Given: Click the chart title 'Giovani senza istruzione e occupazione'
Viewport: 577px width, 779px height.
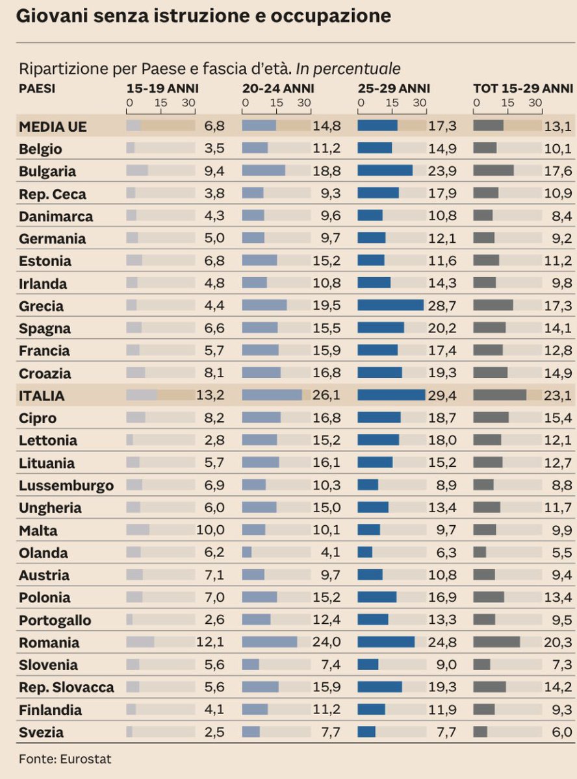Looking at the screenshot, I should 203,16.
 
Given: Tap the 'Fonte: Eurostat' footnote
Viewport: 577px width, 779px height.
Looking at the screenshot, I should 60,758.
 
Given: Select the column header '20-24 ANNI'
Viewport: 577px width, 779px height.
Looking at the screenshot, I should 278,88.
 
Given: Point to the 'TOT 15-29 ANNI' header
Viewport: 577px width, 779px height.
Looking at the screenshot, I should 522,88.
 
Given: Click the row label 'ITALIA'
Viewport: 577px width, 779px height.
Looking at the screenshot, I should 42,395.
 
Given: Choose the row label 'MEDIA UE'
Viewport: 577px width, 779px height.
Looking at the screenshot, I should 53,127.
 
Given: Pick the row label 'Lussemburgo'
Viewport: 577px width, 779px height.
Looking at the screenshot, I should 66,486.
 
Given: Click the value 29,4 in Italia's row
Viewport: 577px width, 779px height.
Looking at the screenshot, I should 442,395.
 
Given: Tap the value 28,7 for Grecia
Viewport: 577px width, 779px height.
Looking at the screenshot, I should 442,306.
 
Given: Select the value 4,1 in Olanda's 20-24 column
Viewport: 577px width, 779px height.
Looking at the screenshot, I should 330,553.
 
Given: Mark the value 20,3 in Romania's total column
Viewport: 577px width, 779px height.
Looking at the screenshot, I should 559,643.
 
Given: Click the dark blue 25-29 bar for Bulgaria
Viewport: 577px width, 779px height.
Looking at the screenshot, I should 385,171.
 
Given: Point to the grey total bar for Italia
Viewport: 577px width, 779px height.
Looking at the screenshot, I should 499,395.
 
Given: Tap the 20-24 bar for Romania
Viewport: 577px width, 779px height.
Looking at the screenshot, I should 269,643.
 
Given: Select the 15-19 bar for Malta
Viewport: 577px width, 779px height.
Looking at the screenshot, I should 137,530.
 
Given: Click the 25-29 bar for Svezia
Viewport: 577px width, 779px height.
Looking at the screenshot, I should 366,732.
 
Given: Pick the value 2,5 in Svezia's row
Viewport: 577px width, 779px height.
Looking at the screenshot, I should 214,732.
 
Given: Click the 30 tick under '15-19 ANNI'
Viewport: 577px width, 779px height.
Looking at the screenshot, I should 189,102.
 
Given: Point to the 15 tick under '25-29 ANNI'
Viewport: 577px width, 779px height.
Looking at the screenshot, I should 392,102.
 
